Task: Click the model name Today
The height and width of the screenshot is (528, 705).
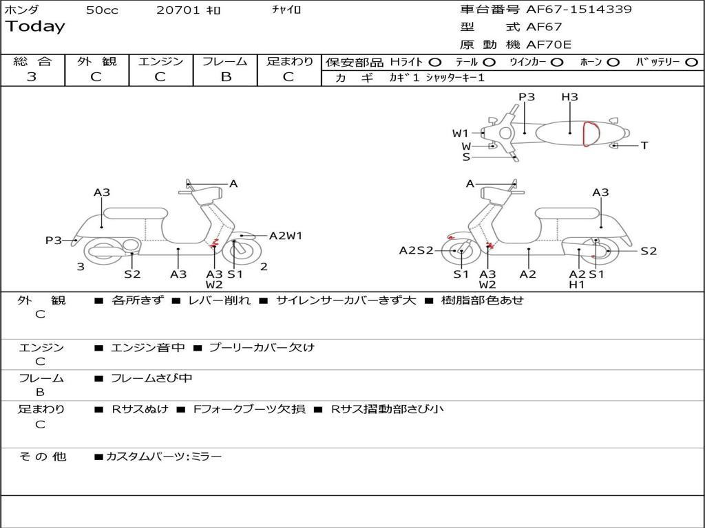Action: point(35,27)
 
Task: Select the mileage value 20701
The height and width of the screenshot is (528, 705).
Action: point(178,10)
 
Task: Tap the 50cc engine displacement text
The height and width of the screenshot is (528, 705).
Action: point(102,10)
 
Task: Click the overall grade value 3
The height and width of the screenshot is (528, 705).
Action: point(32,77)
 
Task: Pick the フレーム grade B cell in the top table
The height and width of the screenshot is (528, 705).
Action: point(225,77)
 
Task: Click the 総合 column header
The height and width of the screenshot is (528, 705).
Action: point(32,62)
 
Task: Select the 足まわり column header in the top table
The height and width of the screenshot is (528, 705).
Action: point(289,62)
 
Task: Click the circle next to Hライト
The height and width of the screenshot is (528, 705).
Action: point(436,63)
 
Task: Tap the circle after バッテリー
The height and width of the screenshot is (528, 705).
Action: point(691,63)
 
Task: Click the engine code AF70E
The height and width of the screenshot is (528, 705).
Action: point(549,45)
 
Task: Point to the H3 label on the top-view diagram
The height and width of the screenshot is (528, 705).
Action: point(569,97)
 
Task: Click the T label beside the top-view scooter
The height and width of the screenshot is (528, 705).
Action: point(644,146)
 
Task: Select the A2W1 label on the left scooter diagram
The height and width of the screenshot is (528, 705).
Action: point(285,236)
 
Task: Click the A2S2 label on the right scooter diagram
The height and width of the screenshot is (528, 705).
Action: point(417,251)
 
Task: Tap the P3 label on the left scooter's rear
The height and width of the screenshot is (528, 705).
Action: point(53,241)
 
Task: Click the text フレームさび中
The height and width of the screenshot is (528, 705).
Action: point(151,379)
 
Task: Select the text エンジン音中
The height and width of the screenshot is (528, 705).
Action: point(147,348)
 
